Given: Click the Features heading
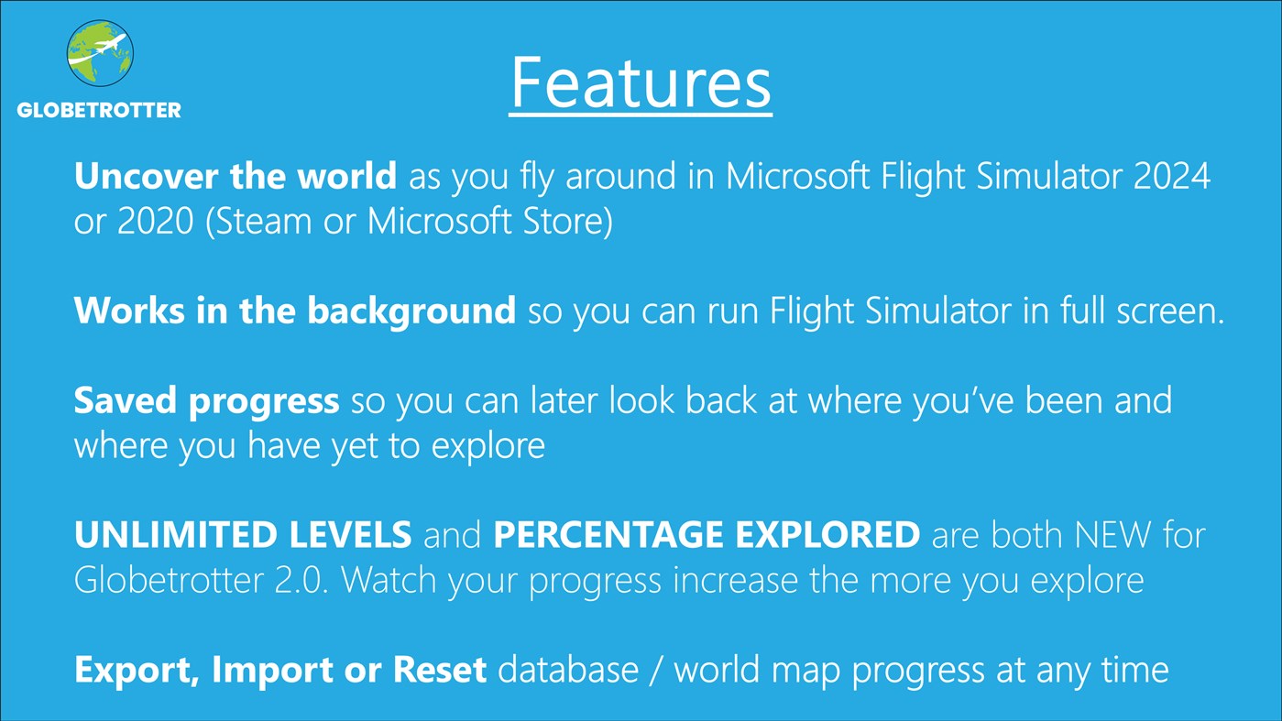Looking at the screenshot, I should coord(641,82).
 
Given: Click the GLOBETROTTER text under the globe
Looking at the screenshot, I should coord(99,110).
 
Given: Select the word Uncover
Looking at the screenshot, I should coord(138,176).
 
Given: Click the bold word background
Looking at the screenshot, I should coord(411,312).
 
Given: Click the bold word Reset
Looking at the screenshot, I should coord(439,671).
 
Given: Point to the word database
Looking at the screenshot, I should coord(568,671).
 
